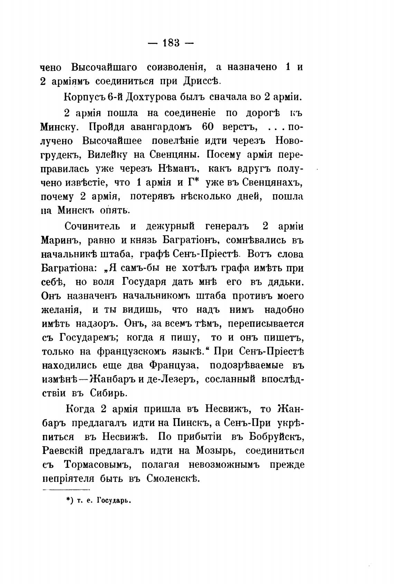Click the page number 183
[169, 43]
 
